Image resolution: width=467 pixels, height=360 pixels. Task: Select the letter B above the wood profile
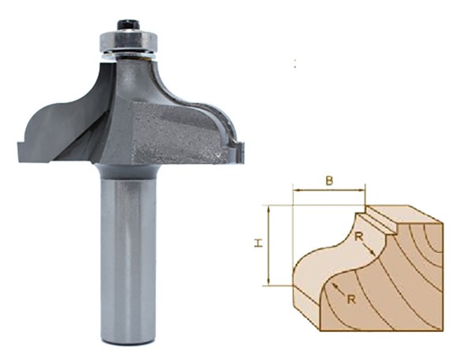[x=328, y=180]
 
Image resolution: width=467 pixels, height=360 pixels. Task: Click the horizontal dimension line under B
[x=328, y=190]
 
